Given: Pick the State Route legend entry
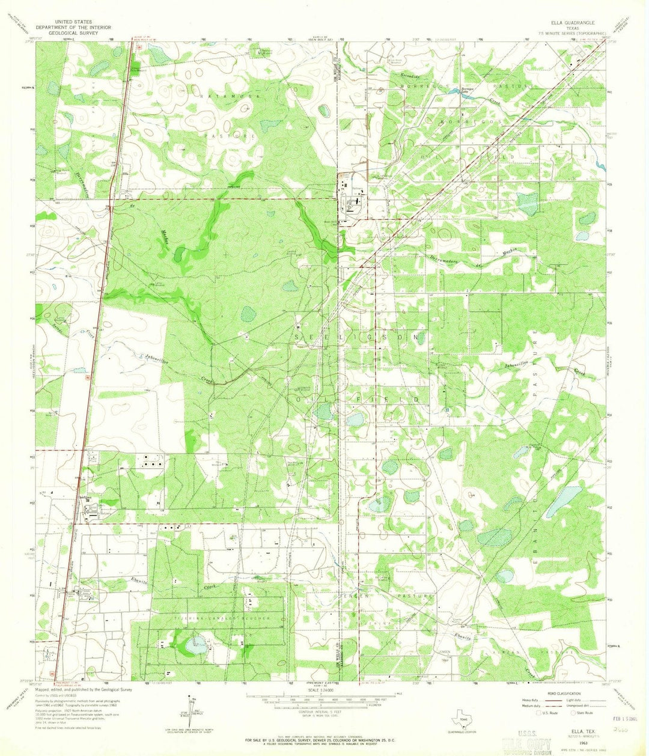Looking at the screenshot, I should [x=581, y=713].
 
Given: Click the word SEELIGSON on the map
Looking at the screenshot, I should [x=358, y=338].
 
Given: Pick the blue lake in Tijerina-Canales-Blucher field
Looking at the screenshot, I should [x=197, y=647].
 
